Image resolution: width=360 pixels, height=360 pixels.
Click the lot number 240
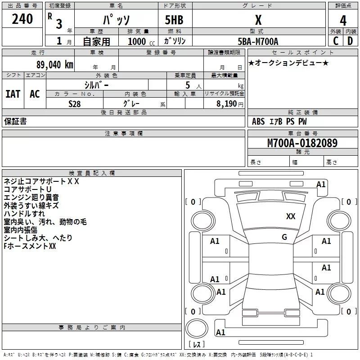point(22,19)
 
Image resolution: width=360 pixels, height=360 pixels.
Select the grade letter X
point(258,20)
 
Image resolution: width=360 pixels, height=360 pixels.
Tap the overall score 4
point(343,21)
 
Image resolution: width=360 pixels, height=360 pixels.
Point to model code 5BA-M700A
point(258,41)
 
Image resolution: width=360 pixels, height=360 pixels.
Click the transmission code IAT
point(13,94)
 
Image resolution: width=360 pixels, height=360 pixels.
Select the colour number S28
point(74,103)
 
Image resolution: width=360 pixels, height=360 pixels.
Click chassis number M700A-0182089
point(302,143)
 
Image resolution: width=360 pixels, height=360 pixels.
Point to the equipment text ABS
point(258,121)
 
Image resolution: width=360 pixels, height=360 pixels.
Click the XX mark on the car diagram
point(291,216)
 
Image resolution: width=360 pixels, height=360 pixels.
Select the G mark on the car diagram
point(284,237)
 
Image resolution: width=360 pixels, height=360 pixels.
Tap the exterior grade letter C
point(336,41)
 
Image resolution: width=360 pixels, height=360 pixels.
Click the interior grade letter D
point(350,41)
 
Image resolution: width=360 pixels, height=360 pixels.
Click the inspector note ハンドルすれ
point(24,214)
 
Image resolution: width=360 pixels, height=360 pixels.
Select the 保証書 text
point(15,121)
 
